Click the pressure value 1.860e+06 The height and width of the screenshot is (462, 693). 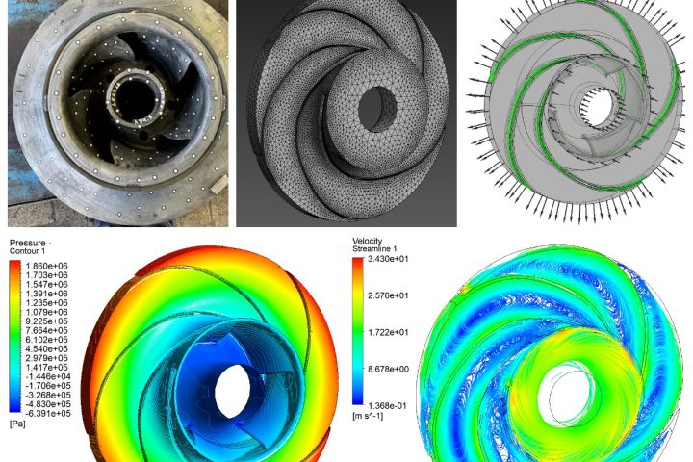pos(47,267)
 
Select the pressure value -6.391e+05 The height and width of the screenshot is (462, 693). pos(46,413)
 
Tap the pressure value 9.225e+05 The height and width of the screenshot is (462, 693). pos(47,321)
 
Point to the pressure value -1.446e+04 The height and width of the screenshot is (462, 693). pos(46,376)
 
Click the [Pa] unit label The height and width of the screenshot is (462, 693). pos(17,423)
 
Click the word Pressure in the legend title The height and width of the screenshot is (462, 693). pos(27,244)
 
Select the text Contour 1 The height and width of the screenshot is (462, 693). pos(27,251)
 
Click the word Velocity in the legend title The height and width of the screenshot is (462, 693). pos(368,241)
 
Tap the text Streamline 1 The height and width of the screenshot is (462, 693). pos(373,249)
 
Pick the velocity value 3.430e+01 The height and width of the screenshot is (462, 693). pos(388,259)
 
